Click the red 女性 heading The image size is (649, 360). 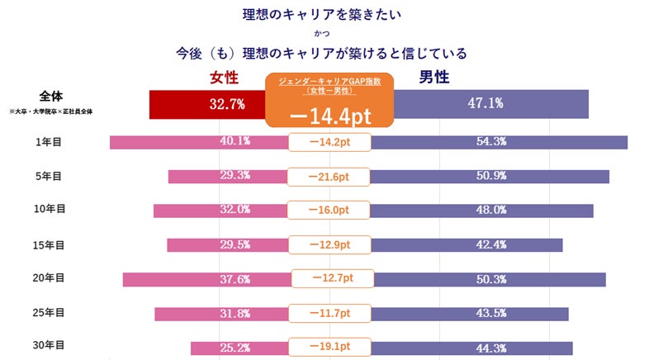coord(225,78)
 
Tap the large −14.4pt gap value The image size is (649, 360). coord(329,115)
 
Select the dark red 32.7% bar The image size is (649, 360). coord(206,104)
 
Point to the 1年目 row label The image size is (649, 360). coord(49,142)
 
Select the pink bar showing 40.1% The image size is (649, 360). coord(198,142)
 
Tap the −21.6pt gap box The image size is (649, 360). coord(329,177)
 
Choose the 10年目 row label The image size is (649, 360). coord(49,210)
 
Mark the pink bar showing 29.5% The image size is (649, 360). coord(227,244)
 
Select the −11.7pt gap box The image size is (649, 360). coord(329,314)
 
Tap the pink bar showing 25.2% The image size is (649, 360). coord(239,348)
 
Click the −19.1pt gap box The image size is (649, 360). coord(329,348)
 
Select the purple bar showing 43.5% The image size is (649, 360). coord(470,314)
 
